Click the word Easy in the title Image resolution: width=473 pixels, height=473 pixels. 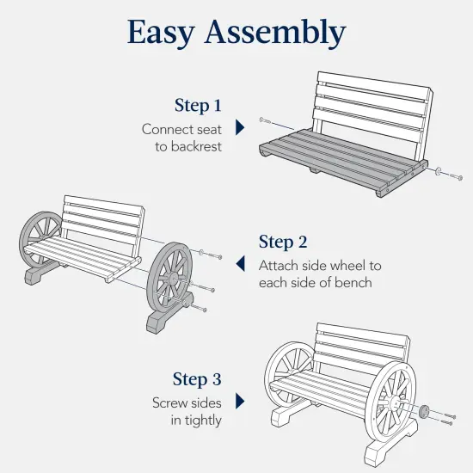pyautogui.click(x=164, y=32)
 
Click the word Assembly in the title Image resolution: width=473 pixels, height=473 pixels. pyautogui.click(x=276, y=33)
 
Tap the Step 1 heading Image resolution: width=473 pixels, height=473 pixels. pyautogui.click(x=198, y=106)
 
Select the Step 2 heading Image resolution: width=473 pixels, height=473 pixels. pyautogui.click(x=283, y=242)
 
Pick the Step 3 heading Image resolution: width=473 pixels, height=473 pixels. pyautogui.click(x=202, y=379)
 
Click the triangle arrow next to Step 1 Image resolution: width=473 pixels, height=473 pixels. pyautogui.click(x=240, y=127)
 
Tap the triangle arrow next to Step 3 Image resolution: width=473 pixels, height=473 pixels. pyautogui.click(x=240, y=401)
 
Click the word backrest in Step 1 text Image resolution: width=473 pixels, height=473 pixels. pyautogui.click(x=195, y=147)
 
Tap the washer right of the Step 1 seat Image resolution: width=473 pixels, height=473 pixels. pyautogui.click(x=440, y=173)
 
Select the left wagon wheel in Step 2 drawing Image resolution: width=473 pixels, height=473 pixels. pyautogui.click(x=40, y=236)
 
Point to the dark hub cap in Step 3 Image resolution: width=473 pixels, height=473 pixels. pyautogui.click(x=423, y=411)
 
